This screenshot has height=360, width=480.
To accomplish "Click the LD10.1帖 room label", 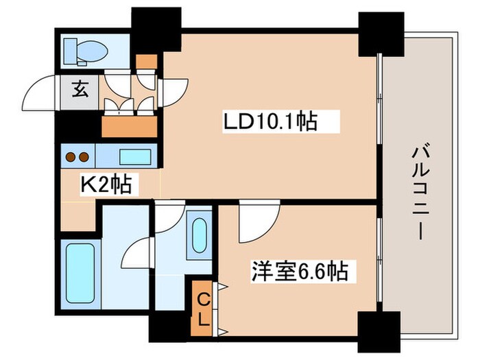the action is [270, 121].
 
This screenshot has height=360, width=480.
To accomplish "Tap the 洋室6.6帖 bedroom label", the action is [300, 272].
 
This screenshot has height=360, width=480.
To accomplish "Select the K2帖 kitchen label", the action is [106, 184].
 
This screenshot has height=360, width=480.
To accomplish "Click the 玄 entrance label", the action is [80, 90].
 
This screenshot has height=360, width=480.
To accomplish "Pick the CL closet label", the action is [204, 309].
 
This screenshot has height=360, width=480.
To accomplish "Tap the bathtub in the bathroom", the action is [80, 274].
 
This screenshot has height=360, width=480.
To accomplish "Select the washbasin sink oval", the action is [200, 235].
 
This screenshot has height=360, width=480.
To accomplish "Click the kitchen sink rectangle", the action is [135, 157].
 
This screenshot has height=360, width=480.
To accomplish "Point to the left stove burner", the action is [71, 157].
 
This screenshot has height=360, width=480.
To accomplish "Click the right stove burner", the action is [84, 157].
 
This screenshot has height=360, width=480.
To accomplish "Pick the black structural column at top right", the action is [381, 34].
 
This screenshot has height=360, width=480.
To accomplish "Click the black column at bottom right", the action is [379, 332].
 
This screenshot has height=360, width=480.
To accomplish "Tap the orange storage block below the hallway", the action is [129, 127].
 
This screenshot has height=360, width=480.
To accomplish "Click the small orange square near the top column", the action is [146, 62].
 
